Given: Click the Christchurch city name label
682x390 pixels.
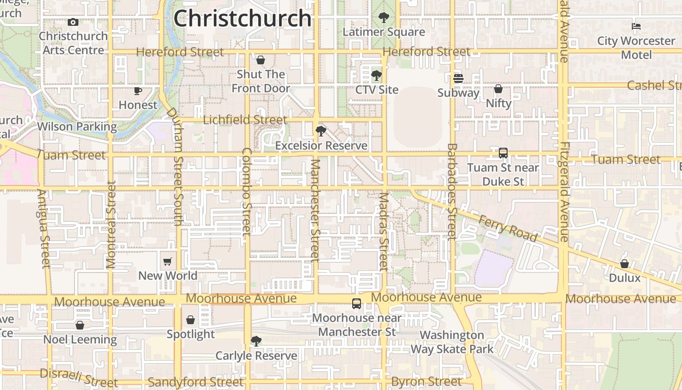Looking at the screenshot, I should click(242, 19).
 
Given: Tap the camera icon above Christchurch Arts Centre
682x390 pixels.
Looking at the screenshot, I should click(73, 22).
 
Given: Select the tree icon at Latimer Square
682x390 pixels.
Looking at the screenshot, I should click(384, 18).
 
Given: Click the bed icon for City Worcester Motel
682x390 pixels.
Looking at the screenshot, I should click(636, 26).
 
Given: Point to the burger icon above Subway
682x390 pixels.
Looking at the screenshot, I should click(458, 78).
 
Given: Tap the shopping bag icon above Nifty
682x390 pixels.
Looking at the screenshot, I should click(498, 89).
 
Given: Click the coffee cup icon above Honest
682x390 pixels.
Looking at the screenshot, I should click(138, 91).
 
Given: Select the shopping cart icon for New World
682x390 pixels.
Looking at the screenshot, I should click(168, 261).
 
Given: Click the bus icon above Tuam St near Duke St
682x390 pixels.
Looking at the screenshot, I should click(503, 153).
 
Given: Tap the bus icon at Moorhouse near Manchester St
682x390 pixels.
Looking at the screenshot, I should click(357, 303).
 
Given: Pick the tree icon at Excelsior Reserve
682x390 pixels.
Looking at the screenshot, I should click(321, 131).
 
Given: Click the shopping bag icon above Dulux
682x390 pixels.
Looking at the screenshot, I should click(625, 264).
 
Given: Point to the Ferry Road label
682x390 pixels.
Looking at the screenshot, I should click(508, 228).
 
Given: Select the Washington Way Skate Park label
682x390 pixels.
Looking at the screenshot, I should click(452, 342).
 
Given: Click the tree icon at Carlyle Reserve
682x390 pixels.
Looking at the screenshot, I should click(256, 341).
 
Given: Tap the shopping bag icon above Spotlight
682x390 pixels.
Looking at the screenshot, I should click(190, 320).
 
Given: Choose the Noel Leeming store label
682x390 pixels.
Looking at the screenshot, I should click(80, 339).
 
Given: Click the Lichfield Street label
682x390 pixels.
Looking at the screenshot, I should click(245, 120).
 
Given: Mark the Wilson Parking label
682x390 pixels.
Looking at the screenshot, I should click(77, 127).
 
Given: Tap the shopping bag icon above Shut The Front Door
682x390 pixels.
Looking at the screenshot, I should click(261, 60).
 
